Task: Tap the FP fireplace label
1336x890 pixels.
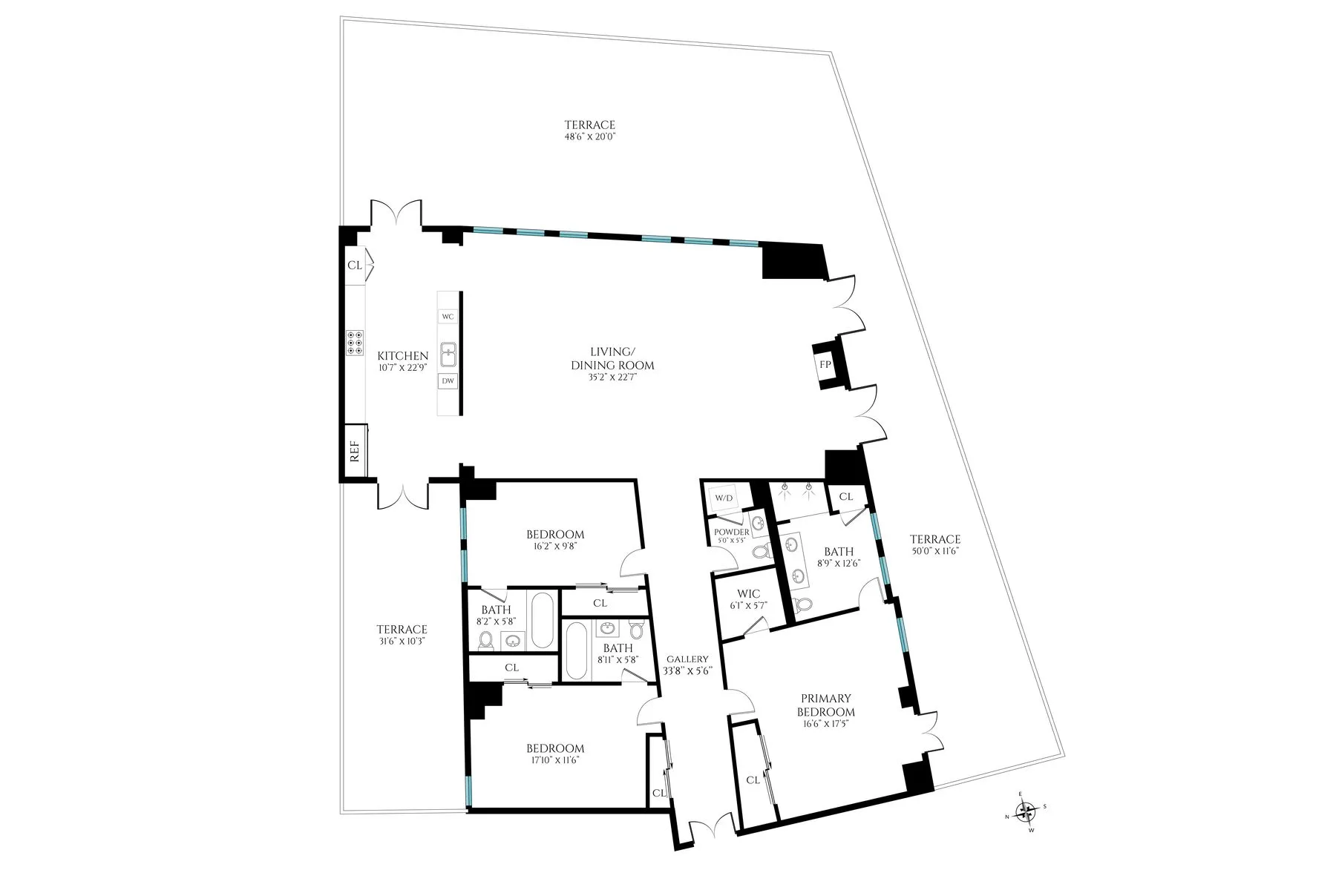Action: (x=825, y=364)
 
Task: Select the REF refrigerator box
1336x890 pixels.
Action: (x=355, y=451)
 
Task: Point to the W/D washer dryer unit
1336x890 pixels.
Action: (x=724, y=498)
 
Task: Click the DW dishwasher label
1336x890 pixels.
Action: (x=448, y=381)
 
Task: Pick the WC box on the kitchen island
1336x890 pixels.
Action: (x=448, y=317)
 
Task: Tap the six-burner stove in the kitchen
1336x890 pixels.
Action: (x=355, y=343)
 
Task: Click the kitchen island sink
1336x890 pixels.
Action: (x=448, y=355)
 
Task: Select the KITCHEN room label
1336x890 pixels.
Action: (x=402, y=356)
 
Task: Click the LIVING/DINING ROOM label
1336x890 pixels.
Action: (x=612, y=358)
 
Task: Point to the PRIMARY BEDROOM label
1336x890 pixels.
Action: (x=825, y=705)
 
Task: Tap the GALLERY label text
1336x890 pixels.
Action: (x=687, y=659)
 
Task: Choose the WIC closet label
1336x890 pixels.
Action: (x=748, y=594)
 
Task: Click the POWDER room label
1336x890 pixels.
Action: (x=731, y=533)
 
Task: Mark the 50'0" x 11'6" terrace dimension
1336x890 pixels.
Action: (x=935, y=552)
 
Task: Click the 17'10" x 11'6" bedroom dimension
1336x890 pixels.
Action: (x=555, y=760)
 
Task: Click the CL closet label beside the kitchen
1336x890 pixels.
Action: (x=355, y=265)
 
